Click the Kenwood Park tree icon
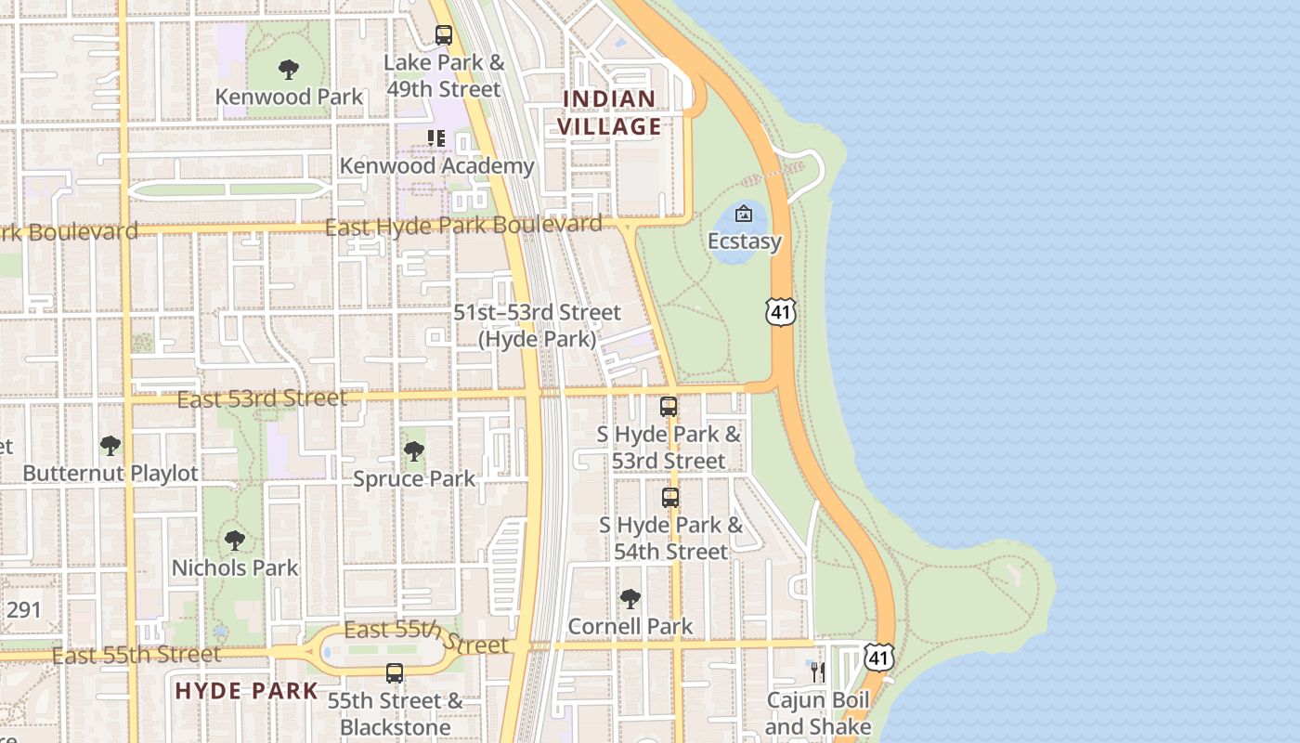(289, 69)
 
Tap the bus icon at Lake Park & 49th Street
(444, 35)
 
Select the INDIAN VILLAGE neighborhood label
(610, 112)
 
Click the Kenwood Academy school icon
(436, 138)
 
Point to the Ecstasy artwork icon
(744, 214)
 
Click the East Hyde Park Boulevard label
(462, 226)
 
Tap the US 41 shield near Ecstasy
(781, 312)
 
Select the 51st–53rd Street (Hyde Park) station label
(537, 326)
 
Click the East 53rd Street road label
(262, 399)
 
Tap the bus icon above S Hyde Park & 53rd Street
(669, 406)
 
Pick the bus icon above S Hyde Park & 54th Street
(670, 497)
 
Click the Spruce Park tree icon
(414, 451)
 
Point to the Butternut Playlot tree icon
(110, 446)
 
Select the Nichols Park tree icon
(235, 540)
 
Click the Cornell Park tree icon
(630, 598)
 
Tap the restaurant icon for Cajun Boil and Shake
(817, 671)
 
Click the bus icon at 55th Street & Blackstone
(395, 672)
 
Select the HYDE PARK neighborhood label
(246, 691)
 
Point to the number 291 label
(23, 610)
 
